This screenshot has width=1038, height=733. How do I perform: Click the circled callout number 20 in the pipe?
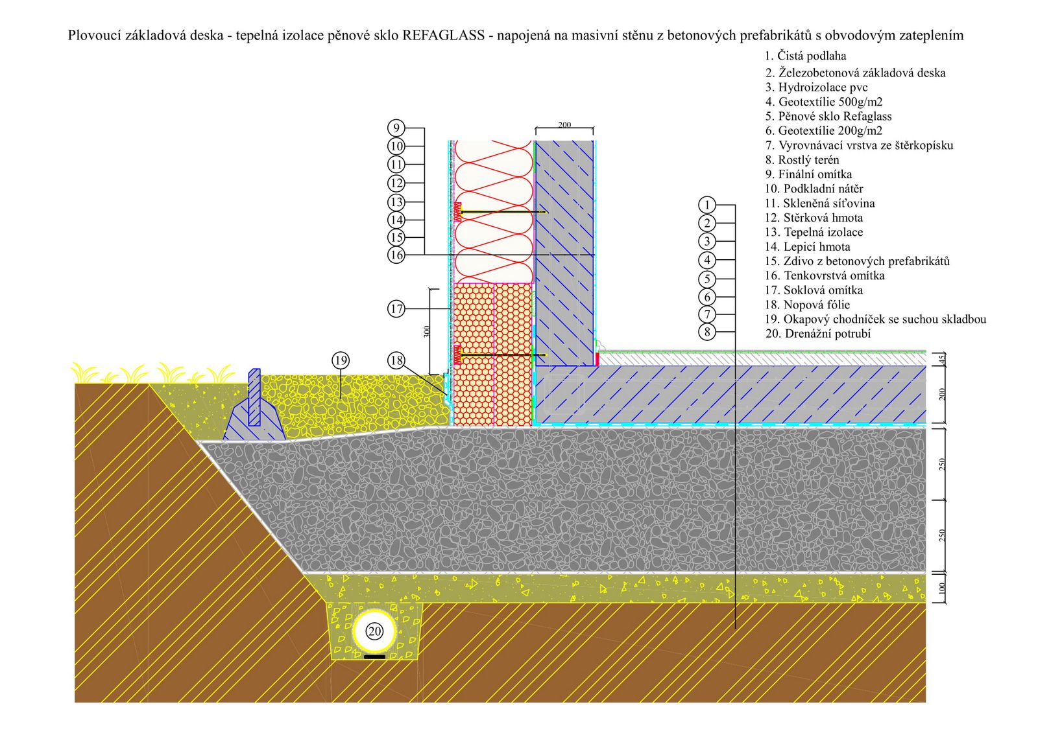pyautogui.click(x=374, y=631)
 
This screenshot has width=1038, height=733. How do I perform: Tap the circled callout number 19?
pyautogui.click(x=341, y=360)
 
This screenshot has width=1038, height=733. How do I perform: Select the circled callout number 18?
pyautogui.click(x=396, y=361)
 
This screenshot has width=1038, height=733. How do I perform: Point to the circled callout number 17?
pyautogui.click(x=396, y=308)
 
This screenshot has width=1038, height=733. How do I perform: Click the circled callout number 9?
pyautogui.click(x=396, y=128)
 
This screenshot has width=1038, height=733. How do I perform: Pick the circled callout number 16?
pyautogui.click(x=396, y=255)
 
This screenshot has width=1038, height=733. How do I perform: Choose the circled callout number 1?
pyautogui.click(x=707, y=205)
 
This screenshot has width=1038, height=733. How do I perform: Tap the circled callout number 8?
pyautogui.click(x=707, y=332)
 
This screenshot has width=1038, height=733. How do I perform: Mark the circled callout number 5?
pyautogui.click(x=707, y=279)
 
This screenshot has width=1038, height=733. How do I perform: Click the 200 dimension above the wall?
pyautogui.click(x=564, y=124)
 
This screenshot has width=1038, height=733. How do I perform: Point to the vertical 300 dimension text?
pyautogui.click(x=427, y=331)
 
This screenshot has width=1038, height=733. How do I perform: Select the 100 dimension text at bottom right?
pyautogui.click(x=941, y=588)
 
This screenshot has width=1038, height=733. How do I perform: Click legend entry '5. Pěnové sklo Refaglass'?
pyautogui.click(x=828, y=116)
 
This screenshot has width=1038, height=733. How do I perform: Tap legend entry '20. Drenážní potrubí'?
pyautogui.click(x=818, y=333)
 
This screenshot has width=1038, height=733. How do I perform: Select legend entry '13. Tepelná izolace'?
pyautogui.click(x=814, y=232)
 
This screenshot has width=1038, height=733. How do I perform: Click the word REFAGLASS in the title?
pyautogui.click(x=444, y=35)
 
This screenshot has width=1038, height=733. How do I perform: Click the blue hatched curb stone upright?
pyautogui.click(x=254, y=397)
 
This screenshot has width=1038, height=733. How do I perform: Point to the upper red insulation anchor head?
pyautogui.click(x=458, y=212)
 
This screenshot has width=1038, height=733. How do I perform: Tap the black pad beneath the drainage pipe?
pyautogui.click(x=374, y=657)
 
